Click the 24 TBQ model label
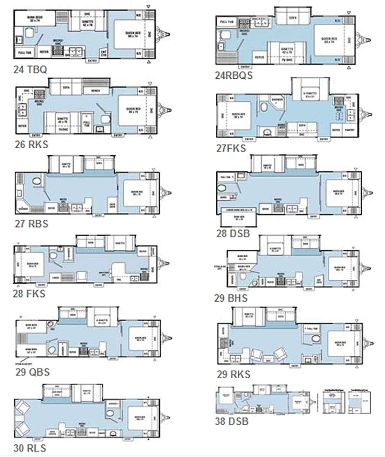30,70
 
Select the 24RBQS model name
233,75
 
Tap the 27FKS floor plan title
231,148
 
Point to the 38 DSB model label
231,421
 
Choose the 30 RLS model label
30,448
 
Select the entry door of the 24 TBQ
92,60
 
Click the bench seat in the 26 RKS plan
96,91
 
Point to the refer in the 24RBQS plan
259,57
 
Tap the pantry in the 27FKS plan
350,130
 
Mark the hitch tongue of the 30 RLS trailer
167,417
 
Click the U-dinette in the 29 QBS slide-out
103,321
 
